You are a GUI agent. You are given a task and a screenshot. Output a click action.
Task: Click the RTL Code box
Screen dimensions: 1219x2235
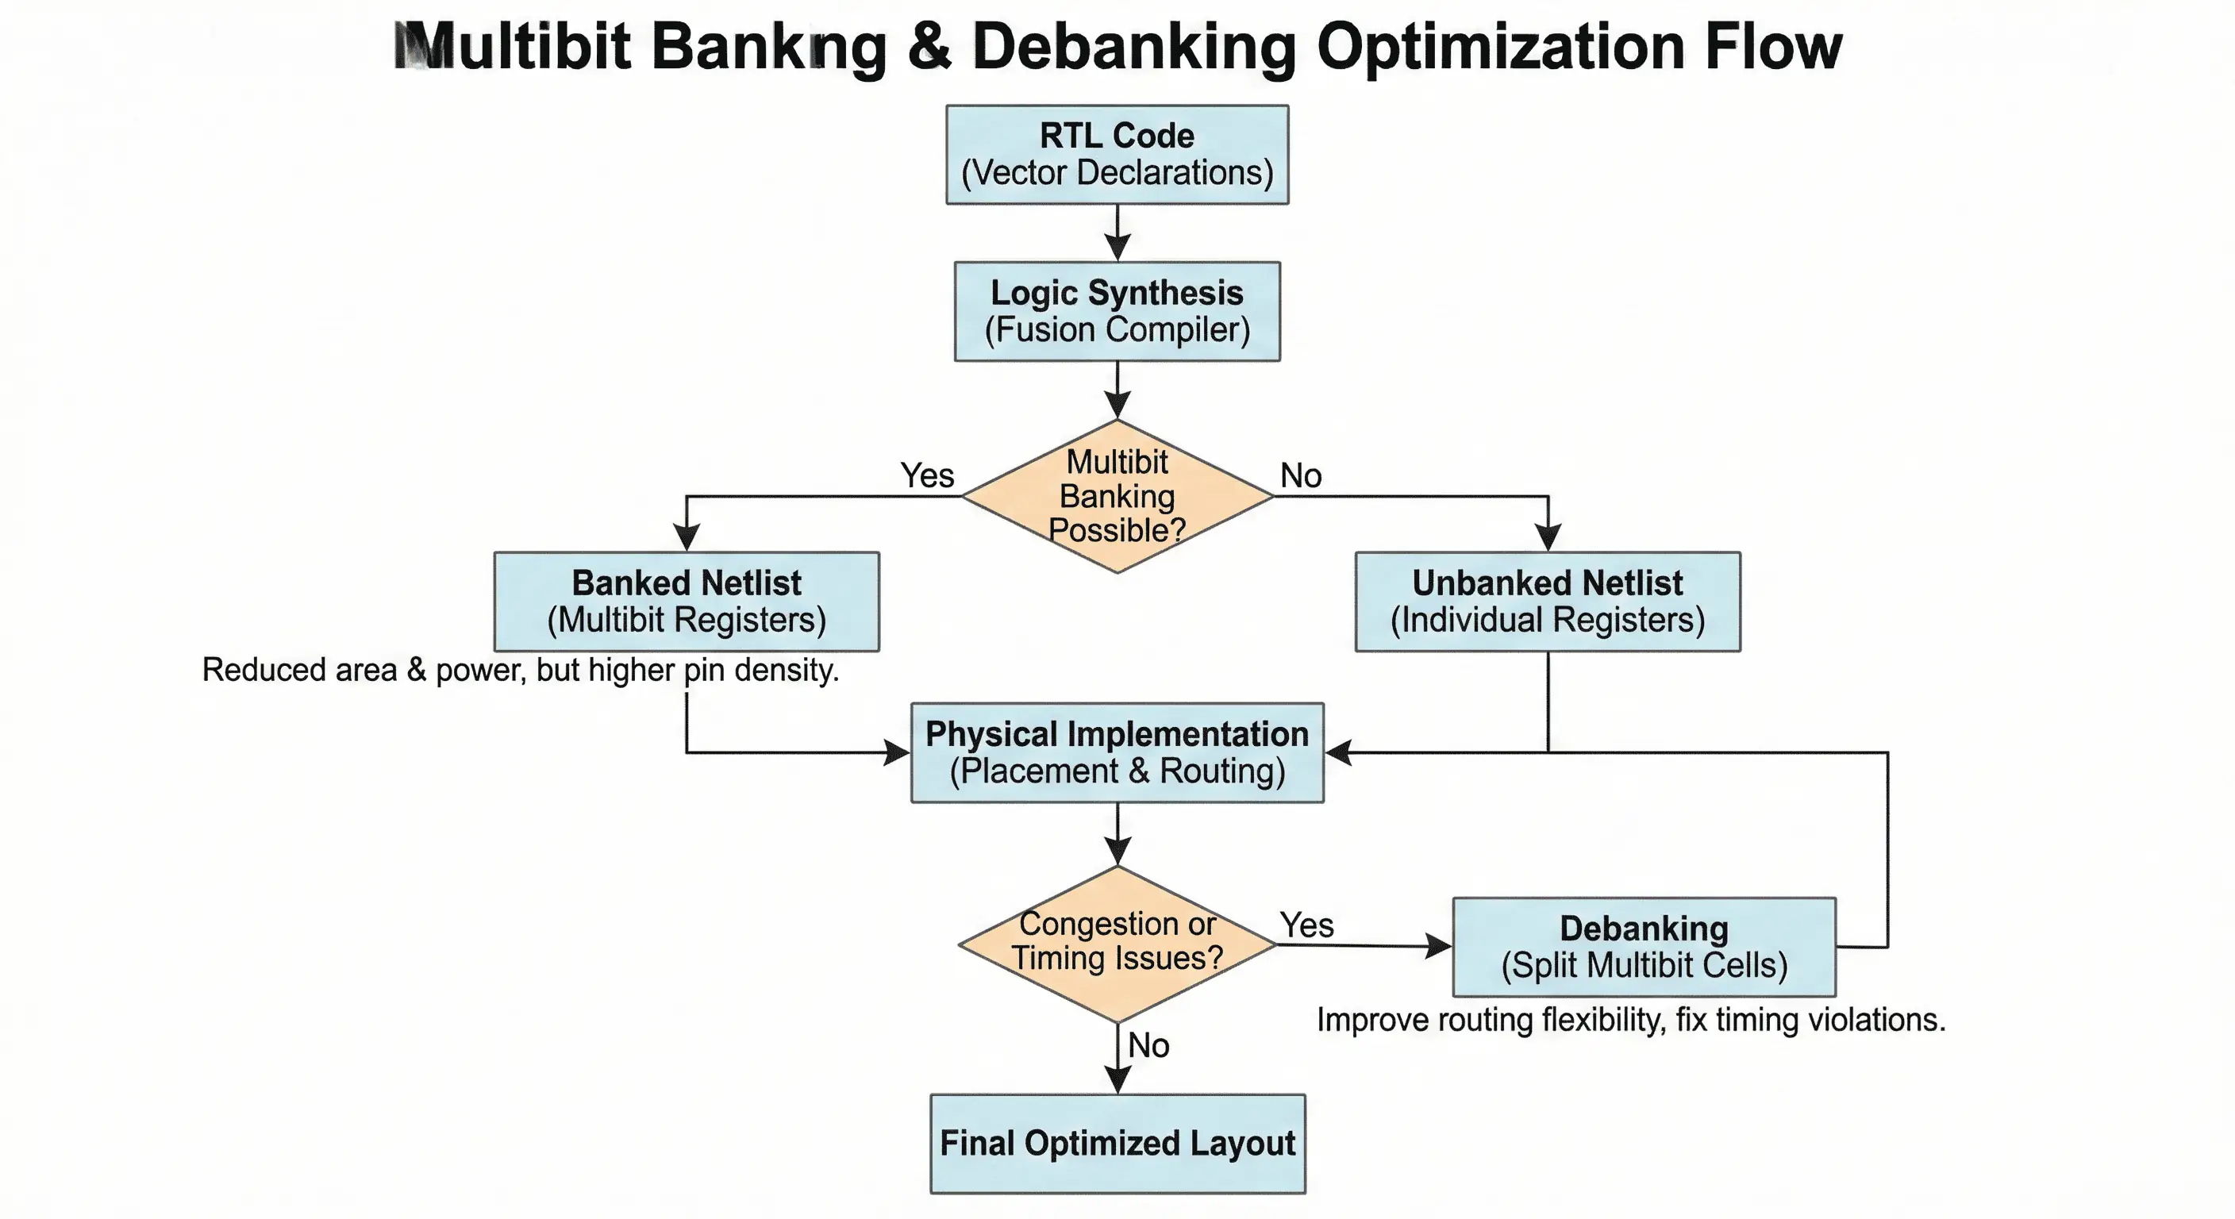[1117, 155]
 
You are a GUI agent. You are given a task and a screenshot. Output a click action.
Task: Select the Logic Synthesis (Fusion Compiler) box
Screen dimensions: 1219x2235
[1117, 310]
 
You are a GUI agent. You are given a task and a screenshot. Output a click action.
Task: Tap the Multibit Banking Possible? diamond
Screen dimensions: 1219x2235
[1117, 495]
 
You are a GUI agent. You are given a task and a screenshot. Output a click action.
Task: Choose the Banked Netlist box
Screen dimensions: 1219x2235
[687, 602]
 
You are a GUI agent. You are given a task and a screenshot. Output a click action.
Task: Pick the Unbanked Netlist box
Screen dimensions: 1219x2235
[1547, 602]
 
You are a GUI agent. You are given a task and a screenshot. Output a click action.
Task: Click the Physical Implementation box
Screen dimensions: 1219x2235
[1117, 752]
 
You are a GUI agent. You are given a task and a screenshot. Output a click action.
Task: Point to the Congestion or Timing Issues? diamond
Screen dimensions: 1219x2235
[1117, 943]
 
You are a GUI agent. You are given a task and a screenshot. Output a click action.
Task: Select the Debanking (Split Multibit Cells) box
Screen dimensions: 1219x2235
[1643, 947]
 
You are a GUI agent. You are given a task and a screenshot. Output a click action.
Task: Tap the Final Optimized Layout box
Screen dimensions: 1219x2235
[1117, 1143]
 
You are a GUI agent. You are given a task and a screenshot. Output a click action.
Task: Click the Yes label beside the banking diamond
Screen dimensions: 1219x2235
[927, 475]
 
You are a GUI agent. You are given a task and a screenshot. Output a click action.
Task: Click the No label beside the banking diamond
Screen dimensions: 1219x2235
[1301, 475]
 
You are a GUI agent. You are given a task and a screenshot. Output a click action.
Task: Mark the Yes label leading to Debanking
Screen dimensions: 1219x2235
[1306, 925]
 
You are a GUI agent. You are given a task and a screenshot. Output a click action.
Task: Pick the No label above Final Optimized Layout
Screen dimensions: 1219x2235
[1148, 1045]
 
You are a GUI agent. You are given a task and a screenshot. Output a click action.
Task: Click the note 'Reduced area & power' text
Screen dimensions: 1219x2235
[521, 670]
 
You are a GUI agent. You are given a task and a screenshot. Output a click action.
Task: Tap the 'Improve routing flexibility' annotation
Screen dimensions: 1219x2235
[1630, 1020]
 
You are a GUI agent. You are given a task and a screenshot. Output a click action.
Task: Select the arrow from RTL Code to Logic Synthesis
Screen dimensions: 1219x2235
[1117, 233]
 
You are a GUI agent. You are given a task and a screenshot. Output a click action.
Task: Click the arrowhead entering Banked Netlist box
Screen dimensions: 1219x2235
[687, 538]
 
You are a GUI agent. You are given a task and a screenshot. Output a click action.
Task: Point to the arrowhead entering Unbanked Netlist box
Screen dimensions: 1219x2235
[1548, 538]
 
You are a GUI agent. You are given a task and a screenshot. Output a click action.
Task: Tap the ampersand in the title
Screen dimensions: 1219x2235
[929, 47]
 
